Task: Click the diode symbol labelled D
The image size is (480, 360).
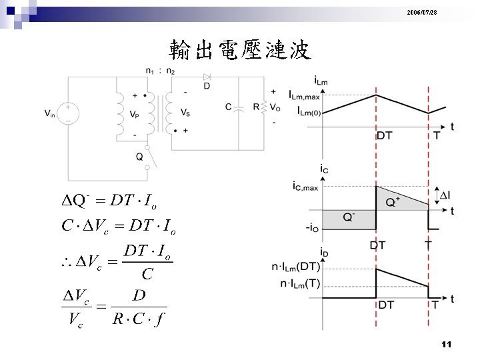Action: [x=207, y=78]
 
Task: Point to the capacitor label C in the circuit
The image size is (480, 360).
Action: [x=228, y=107]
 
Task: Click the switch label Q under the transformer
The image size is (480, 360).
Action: [x=139, y=157]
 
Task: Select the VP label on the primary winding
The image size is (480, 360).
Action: [x=135, y=113]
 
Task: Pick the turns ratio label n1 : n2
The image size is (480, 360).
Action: [x=160, y=71]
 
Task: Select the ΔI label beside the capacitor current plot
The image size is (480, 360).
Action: [x=445, y=195]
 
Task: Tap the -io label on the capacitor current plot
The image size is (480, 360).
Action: [x=311, y=229]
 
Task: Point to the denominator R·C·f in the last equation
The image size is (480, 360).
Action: [x=139, y=319]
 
